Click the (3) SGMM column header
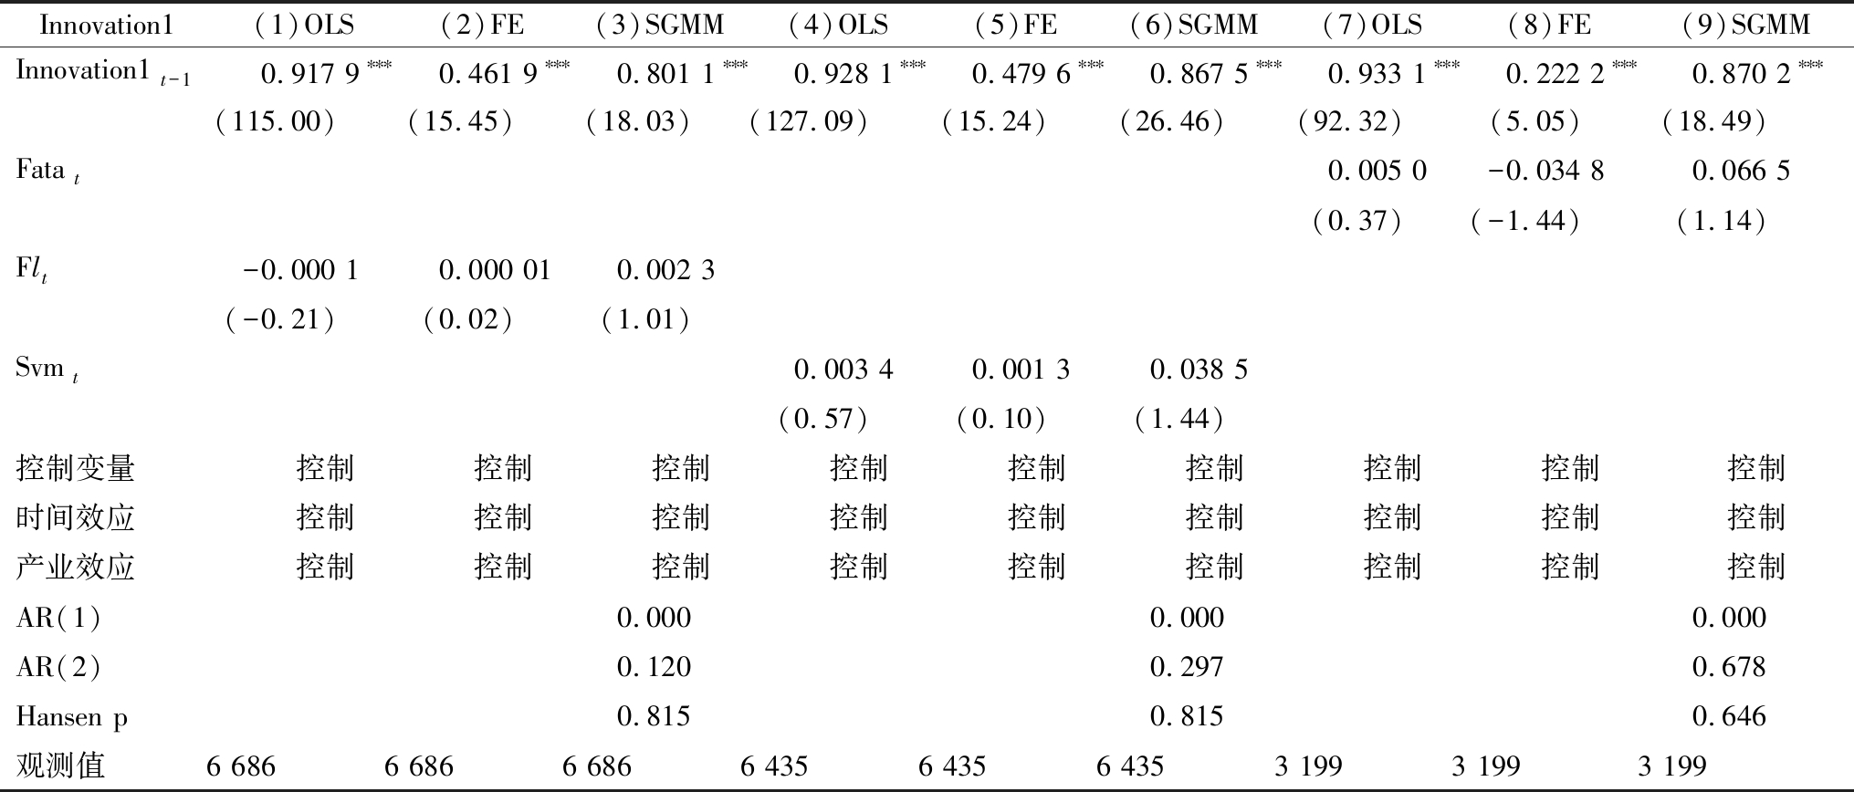click(660, 25)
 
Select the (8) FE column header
click(1550, 25)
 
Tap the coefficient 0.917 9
click(310, 74)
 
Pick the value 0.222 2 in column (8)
click(1555, 74)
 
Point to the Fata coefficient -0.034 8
click(1545, 171)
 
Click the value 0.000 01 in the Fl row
click(495, 270)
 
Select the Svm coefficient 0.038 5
click(1199, 370)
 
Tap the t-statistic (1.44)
click(1178, 419)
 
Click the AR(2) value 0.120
click(654, 667)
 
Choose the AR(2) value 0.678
click(1729, 667)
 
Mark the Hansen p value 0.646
click(1729, 716)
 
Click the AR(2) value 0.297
click(1187, 667)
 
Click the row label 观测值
click(60, 766)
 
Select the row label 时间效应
click(76, 518)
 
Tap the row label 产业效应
click(76, 568)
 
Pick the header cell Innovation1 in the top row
click(107, 25)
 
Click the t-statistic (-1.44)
click(1525, 221)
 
